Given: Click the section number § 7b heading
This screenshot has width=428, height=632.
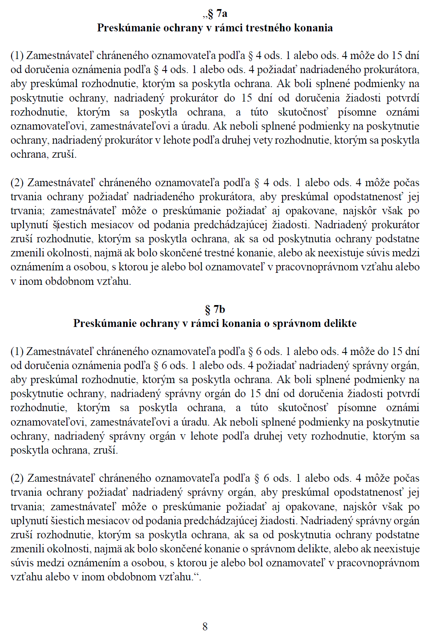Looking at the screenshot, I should click(215, 309).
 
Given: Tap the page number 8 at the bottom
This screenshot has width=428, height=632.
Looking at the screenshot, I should click(205, 626).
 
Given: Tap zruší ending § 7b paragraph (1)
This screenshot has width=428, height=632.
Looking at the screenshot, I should click(107, 450).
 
